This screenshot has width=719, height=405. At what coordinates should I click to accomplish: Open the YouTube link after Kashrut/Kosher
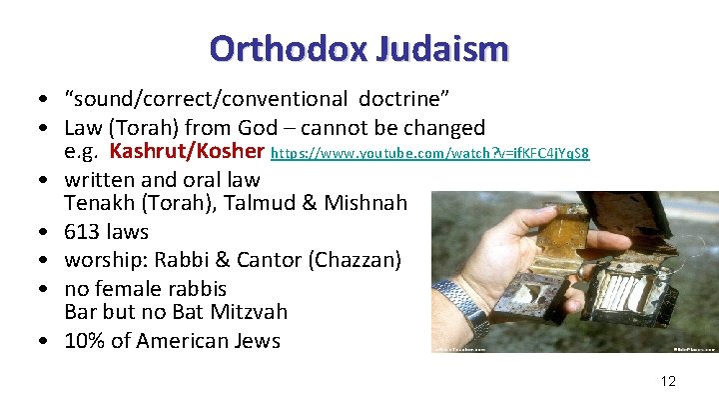click(430, 154)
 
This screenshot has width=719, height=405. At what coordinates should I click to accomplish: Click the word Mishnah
click(368, 204)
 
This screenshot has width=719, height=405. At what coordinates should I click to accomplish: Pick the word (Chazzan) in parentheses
click(356, 260)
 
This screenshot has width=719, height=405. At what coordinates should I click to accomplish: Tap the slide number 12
click(668, 381)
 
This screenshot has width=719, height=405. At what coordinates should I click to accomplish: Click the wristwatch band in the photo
click(461, 300)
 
